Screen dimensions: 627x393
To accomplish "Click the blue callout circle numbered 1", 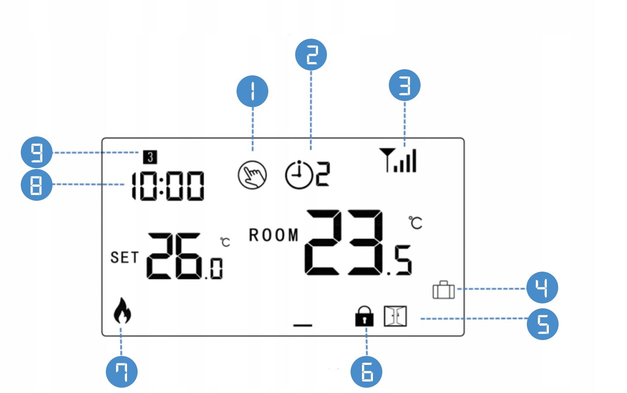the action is pyautogui.click(x=252, y=91).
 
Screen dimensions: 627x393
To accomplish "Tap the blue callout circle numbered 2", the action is pyautogui.click(x=311, y=55).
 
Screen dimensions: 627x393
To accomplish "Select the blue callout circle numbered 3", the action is pyautogui.click(x=405, y=86).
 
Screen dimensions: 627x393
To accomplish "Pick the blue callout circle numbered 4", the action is pyautogui.click(x=542, y=288).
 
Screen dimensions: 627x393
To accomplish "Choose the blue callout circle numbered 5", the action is pyautogui.click(x=543, y=324).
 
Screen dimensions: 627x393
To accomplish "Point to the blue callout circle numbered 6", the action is pyautogui.click(x=366, y=372).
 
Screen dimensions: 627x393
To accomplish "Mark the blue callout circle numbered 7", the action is pyautogui.click(x=122, y=372).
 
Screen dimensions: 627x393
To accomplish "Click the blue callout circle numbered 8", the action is pyautogui.click(x=37, y=185).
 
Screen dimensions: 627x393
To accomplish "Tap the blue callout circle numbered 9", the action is pyautogui.click(x=37, y=152).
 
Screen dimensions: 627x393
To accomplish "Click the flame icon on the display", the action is pyautogui.click(x=122, y=311).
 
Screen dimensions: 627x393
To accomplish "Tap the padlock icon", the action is pyautogui.click(x=364, y=316).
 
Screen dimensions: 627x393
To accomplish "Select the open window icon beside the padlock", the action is pyautogui.click(x=395, y=316).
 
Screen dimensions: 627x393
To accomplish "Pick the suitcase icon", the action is pyautogui.click(x=443, y=290).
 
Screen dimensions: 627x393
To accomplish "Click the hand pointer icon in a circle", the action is pyautogui.click(x=252, y=175).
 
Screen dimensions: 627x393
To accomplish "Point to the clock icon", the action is pyautogui.click(x=298, y=175).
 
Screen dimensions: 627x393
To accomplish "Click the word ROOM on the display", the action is pyautogui.click(x=274, y=235).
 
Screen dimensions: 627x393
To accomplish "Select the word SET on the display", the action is pyautogui.click(x=125, y=258).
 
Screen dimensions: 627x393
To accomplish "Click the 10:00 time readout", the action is pyautogui.click(x=168, y=186).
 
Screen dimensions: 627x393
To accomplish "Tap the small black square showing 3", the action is pyautogui.click(x=150, y=157).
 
